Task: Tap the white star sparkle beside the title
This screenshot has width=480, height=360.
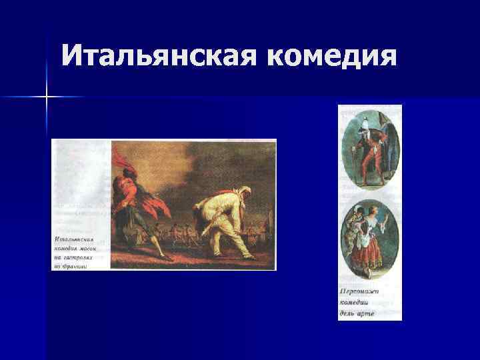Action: click(x=47, y=97)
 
